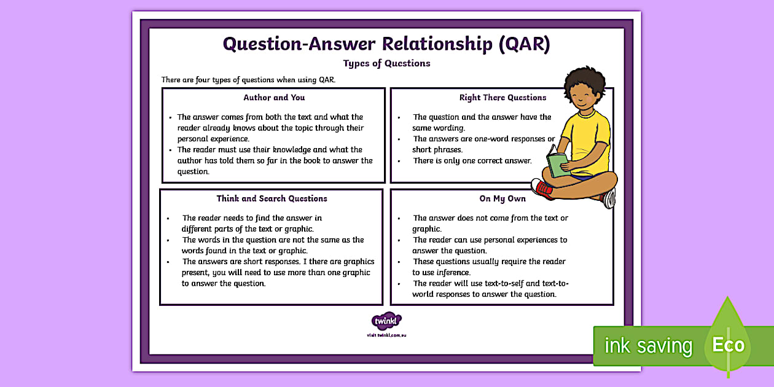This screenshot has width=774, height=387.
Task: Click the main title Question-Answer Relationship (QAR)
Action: pos(386,44)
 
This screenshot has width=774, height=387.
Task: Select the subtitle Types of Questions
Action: pos(386,63)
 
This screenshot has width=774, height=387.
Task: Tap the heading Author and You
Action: pos(274,97)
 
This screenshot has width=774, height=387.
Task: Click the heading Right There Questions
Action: pos(502,97)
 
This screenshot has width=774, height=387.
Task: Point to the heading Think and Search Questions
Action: pos(272,198)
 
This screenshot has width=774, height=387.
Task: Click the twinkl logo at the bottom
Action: pos(386,321)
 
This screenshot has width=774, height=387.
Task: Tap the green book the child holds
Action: pos(557,164)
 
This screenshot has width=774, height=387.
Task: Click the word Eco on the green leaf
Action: pos(728,345)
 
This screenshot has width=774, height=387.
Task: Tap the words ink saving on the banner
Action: pos(647,346)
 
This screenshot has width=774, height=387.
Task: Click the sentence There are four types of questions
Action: pos(248,80)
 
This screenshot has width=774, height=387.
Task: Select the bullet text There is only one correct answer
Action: pos(472,161)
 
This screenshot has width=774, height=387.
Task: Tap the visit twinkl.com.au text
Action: pos(386,335)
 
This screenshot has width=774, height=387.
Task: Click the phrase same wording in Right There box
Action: pos(439,128)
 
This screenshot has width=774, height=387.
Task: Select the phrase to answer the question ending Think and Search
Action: pos(224,284)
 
